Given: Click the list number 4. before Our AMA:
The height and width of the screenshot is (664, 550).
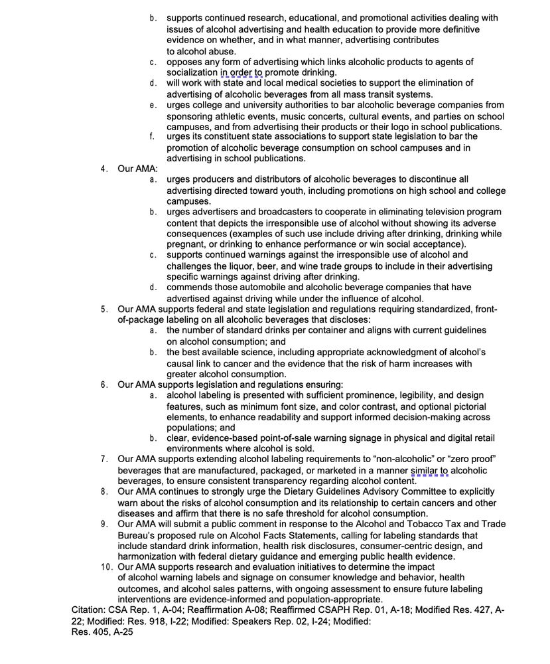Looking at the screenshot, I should coord(104,169).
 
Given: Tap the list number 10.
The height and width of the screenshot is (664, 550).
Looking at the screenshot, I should coord(107,567).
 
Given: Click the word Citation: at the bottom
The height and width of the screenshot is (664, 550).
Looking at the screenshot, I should coord(90,610).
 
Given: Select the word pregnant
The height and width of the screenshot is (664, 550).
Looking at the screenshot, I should coord(185,244).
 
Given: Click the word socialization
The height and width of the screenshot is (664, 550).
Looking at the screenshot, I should coord(192,72).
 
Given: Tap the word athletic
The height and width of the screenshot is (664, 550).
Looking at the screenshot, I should coord(239,116).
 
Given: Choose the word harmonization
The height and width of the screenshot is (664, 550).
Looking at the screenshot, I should coord(151,556).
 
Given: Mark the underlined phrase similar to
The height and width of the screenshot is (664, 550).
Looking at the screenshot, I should coord(429,471).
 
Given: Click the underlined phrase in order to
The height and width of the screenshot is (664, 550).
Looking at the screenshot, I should coord(241,72).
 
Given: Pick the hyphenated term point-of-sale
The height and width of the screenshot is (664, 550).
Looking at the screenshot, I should coord(283,438).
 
